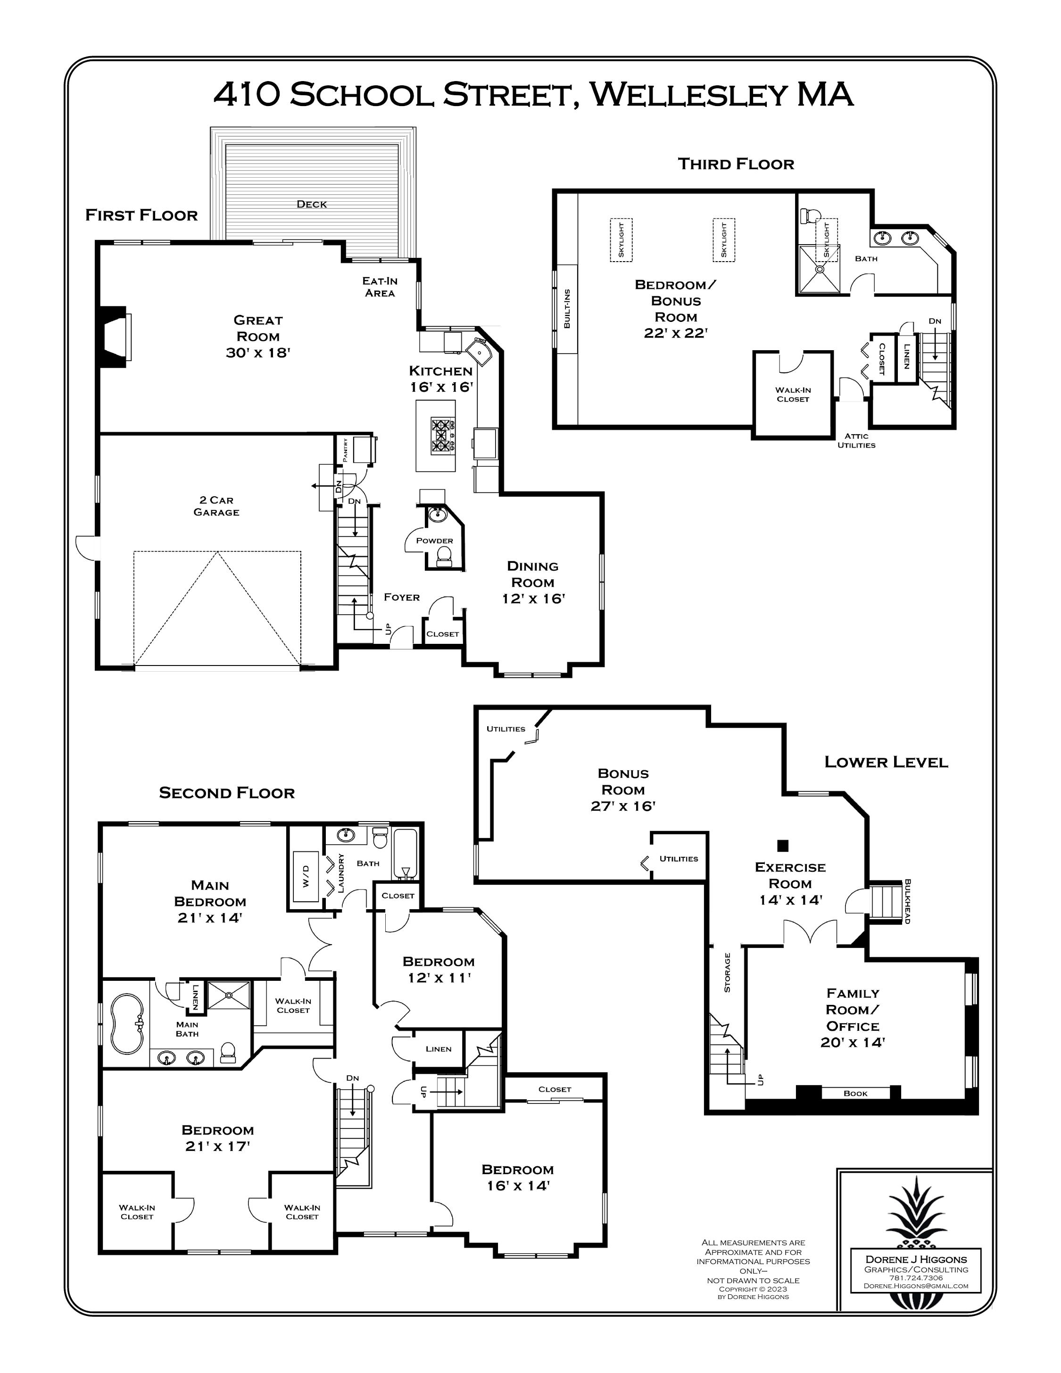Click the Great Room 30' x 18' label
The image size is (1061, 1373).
(x=258, y=337)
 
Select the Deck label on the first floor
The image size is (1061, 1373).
(x=311, y=204)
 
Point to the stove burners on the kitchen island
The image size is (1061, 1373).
(x=443, y=436)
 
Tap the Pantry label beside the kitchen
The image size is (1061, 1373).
(x=345, y=450)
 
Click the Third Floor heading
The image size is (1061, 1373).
(x=736, y=164)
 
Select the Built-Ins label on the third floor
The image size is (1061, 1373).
(x=567, y=309)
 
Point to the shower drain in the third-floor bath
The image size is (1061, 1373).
(x=820, y=269)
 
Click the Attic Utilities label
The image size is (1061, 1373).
(x=856, y=440)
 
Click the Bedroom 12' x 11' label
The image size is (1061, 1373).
(x=439, y=970)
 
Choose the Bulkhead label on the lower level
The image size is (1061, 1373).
(x=907, y=901)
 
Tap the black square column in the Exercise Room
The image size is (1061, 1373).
(x=782, y=845)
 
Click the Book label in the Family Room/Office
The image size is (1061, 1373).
(x=855, y=1093)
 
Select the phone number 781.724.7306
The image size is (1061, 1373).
(x=916, y=1277)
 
